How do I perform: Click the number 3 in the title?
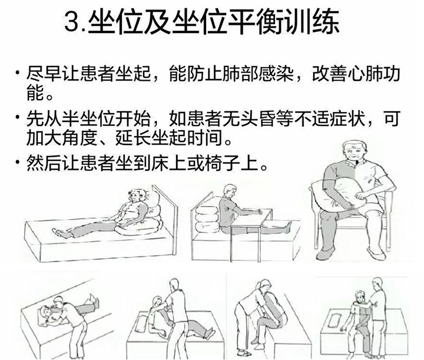coord(71,22)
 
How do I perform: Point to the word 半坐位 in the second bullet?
coord(89,118)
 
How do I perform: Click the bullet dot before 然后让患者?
coord(18,162)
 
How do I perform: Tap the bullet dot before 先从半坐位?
coord(18,117)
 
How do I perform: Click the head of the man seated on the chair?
coord(355,152)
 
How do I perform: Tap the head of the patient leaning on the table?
coord(230,191)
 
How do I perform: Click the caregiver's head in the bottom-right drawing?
coord(377,283)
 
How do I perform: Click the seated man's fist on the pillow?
coord(360,196)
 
